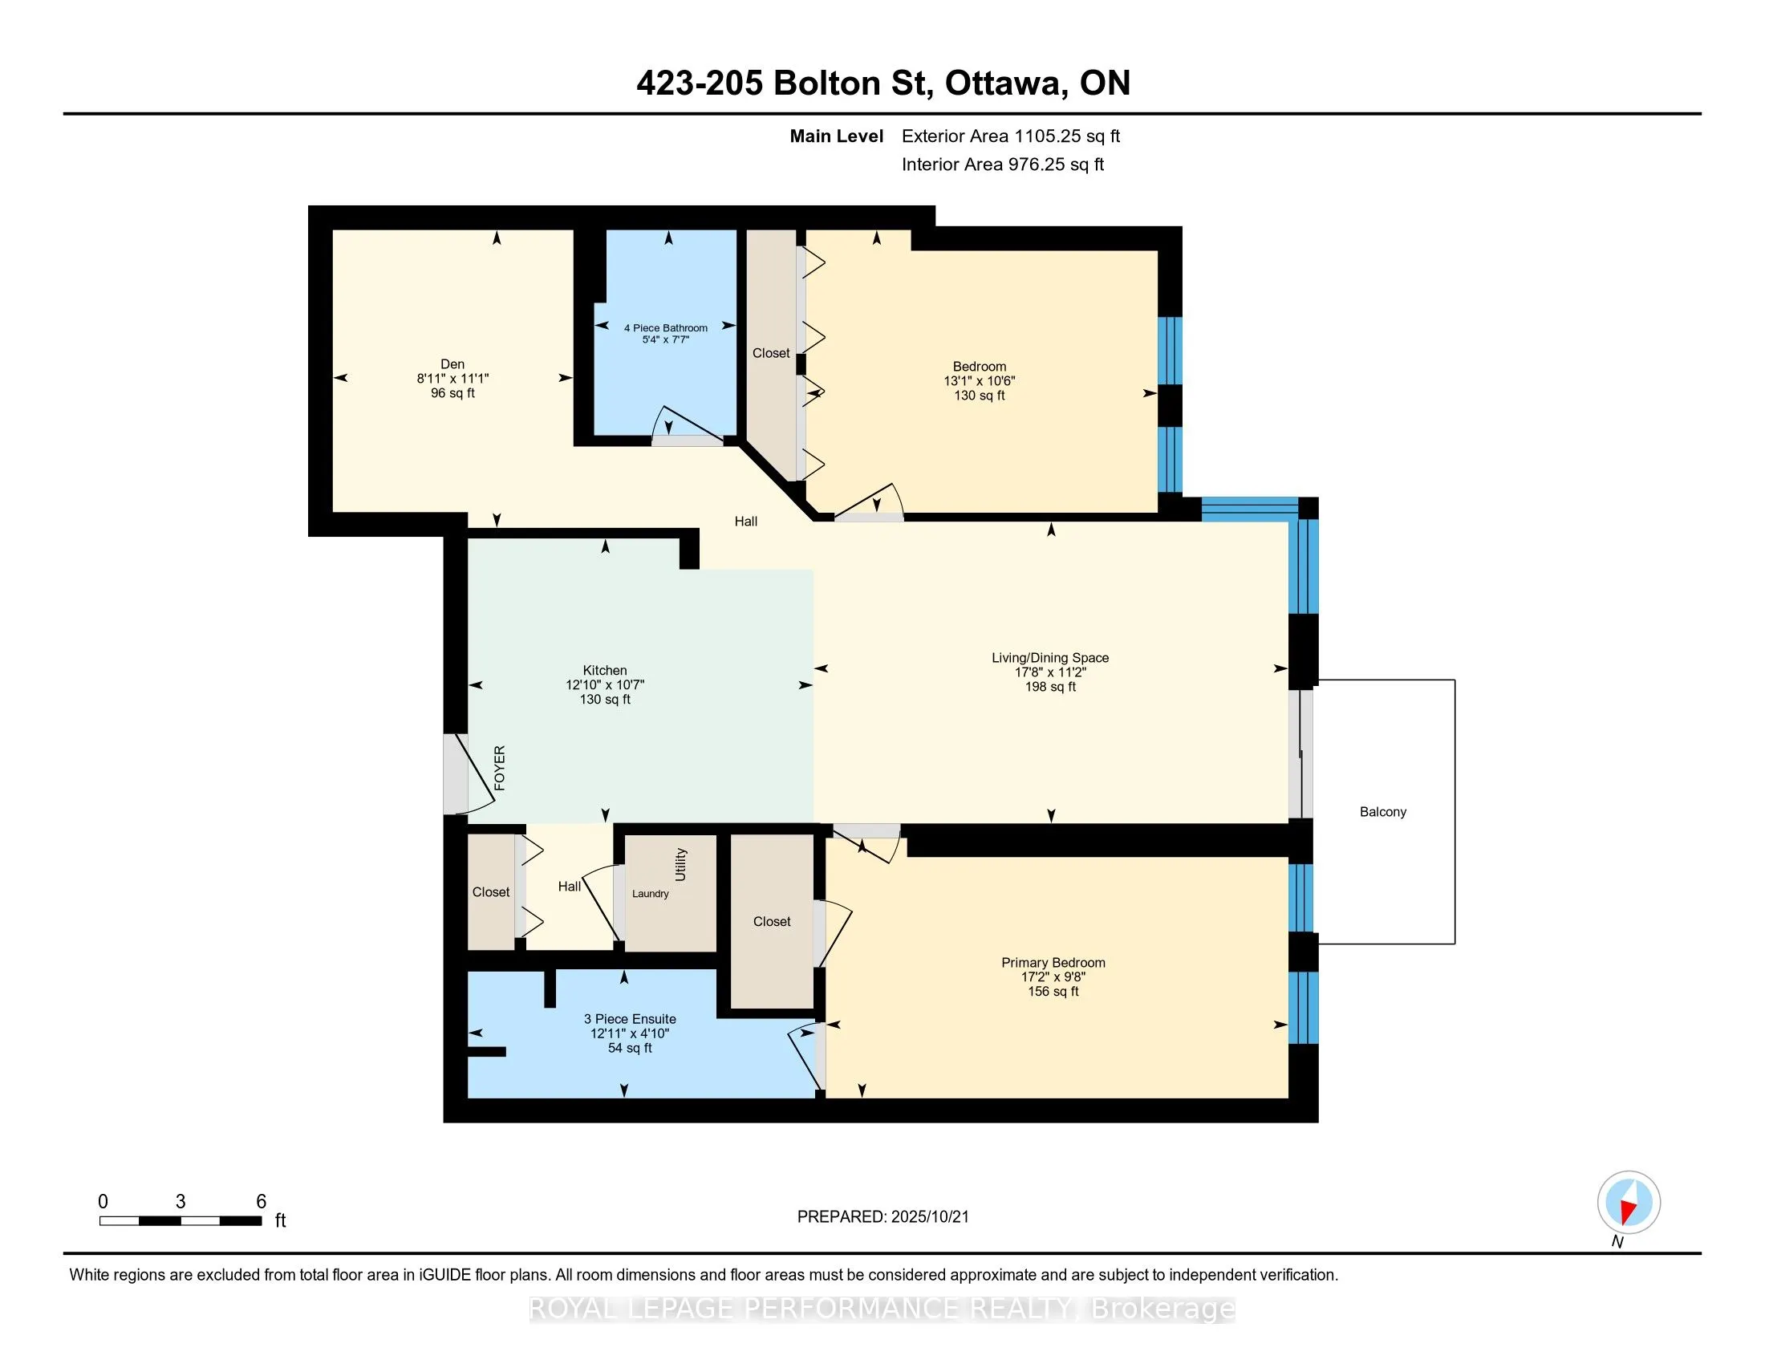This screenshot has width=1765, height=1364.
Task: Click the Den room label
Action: click(x=452, y=363)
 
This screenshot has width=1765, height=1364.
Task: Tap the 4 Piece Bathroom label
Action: click(x=665, y=327)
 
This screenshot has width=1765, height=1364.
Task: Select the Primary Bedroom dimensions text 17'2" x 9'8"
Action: click(x=1053, y=977)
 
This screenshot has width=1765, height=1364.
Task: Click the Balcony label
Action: click(x=1382, y=812)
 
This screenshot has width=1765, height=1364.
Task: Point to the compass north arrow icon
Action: click(x=1629, y=1203)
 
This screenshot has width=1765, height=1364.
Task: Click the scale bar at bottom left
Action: click(x=181, y=1220)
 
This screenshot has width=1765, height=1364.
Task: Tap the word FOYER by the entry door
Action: click(x=500, y=768)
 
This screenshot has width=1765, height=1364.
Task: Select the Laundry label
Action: click(x=650, y=894)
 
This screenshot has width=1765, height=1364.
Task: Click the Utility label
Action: click(x=680, y=865)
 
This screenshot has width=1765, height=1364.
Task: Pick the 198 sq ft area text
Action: click(x=1050, y=687)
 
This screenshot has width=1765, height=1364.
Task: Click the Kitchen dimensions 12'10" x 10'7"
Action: click(x=604, y=684)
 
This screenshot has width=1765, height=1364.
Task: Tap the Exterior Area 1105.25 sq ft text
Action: click(x=1010, y=136)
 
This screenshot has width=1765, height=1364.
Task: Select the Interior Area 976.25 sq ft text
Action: click(x=1002, y=164)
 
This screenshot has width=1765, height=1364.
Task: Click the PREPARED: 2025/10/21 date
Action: click(x=882, y=1217)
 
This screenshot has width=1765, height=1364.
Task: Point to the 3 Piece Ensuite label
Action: click(x=630, y=1019)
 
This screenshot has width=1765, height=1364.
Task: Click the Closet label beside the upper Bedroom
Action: click(x=770, y=353)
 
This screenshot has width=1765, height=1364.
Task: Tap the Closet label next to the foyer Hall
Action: click(x=490, y=892)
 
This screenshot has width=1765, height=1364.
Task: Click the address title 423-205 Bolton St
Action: click(x=882, y=83)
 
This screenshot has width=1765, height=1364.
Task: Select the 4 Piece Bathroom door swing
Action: click(x=688, y=424)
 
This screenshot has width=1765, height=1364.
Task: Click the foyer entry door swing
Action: click(x=473, y=776)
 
